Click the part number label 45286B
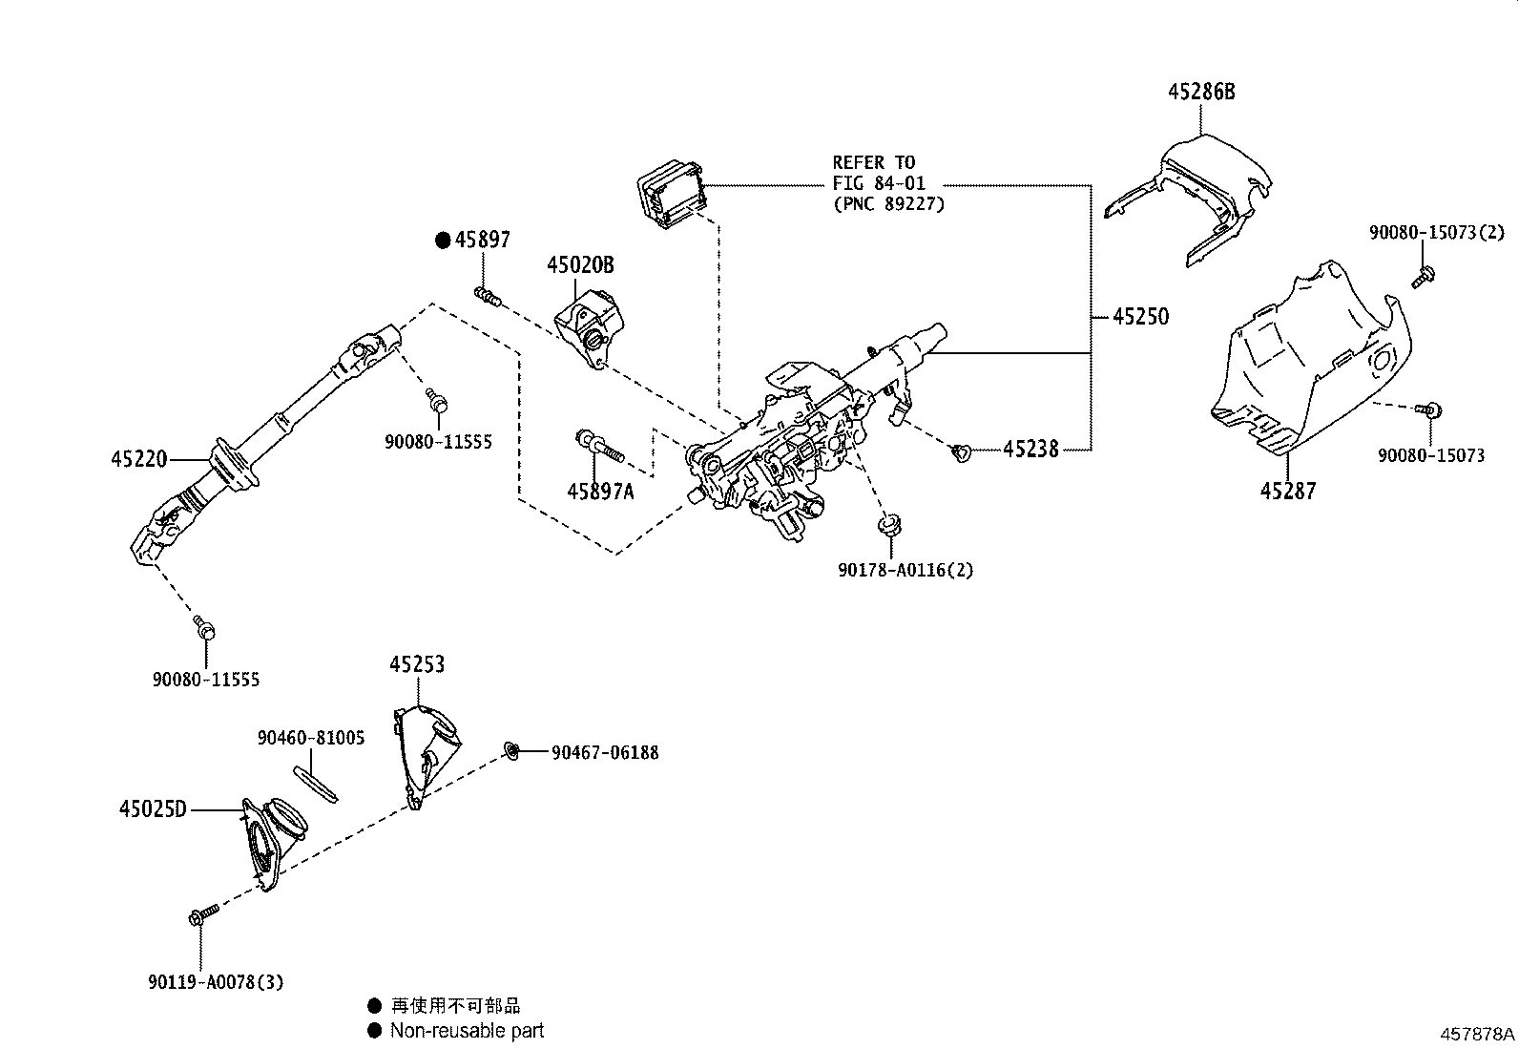point(1201,92)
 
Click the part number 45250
point(1140,317)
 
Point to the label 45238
point(1030,450)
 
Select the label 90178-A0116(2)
point(905,571)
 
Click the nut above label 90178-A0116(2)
point(889,526)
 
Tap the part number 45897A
point(600,492)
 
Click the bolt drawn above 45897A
point(597,444)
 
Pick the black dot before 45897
point(443,241)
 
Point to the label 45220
point(139,459)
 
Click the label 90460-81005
point(311,738)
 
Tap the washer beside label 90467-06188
point(512,751)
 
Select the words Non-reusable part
point(467,1031)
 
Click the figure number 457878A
point(1477,1034)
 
